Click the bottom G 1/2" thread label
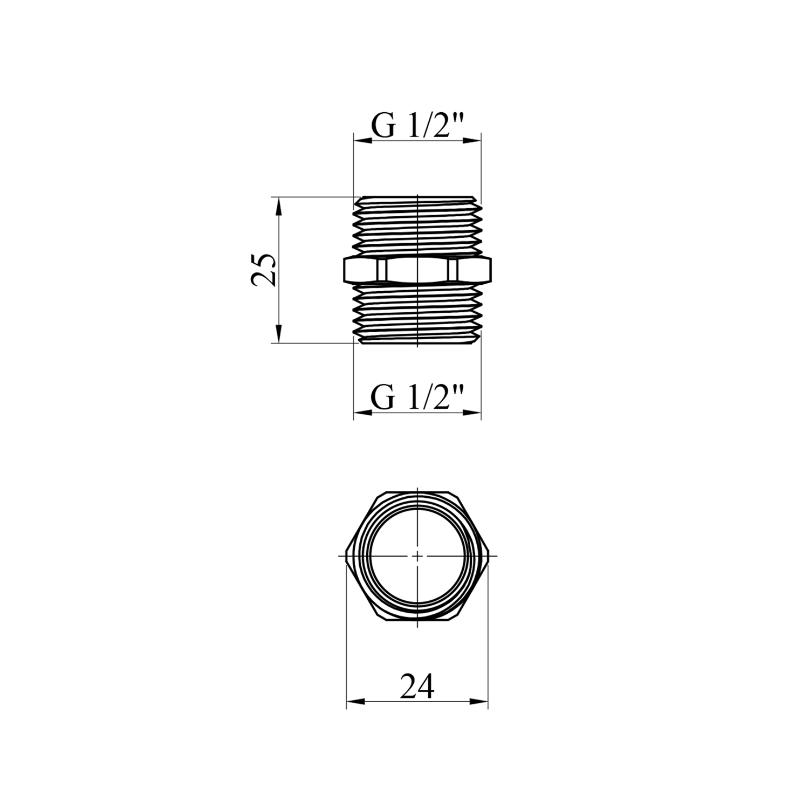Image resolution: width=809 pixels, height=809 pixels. coord(417,399)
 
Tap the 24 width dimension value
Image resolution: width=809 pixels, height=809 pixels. coord(417,686)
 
